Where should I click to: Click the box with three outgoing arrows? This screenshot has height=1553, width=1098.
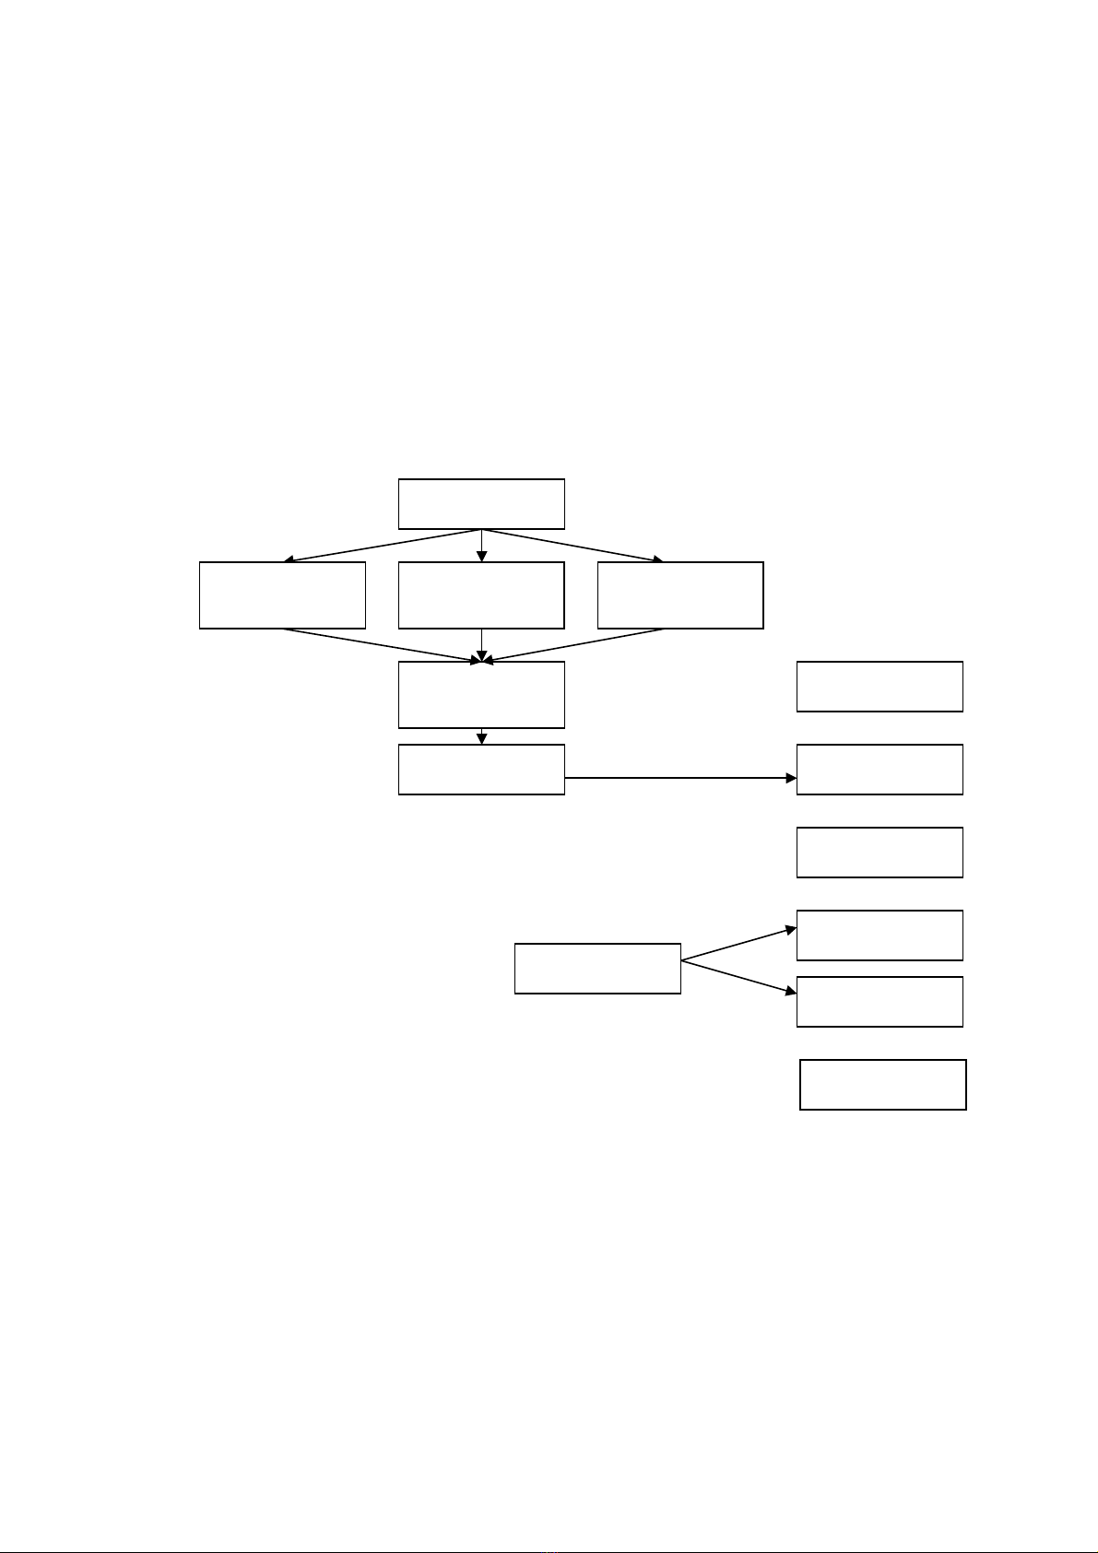480,503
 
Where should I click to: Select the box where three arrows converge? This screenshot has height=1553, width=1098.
480,694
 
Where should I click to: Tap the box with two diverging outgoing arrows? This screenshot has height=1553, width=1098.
597,968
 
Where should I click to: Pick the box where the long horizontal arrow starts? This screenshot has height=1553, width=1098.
480,769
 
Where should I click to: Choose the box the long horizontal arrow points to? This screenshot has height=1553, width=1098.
880,769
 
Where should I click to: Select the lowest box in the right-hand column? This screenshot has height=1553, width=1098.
882,1084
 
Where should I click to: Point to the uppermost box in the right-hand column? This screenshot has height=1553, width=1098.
880,686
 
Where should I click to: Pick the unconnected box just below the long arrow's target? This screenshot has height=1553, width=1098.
880,852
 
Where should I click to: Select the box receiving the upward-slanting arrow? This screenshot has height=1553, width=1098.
880,935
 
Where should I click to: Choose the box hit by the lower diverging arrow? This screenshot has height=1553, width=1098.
880,1001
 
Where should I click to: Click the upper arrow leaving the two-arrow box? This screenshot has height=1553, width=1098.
738,945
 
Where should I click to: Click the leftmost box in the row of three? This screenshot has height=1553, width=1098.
282,594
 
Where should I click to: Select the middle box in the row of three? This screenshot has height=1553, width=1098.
480,594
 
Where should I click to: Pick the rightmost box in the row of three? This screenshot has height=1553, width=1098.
680,594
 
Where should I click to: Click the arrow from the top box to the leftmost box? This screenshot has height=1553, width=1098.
382,545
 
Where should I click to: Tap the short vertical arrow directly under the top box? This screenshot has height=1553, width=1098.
481,545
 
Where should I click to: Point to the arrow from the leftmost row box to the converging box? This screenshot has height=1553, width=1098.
382,644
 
